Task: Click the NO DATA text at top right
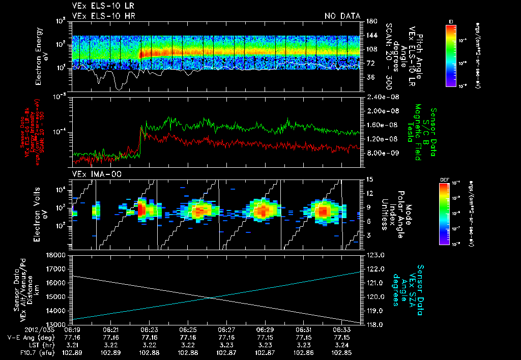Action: click(342, 16)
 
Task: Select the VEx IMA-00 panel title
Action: click(92, 174)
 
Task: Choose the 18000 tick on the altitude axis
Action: click(60, 255)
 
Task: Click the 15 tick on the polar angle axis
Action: click(369, 179)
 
